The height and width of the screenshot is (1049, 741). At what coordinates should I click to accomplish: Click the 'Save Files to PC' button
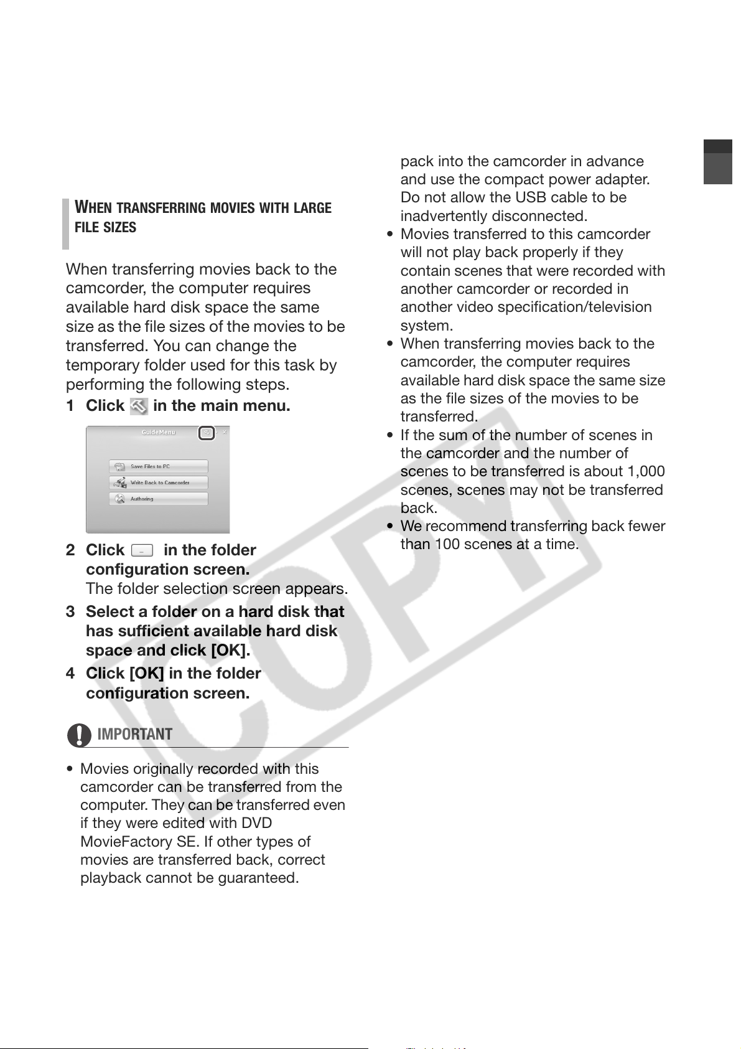point(158,466)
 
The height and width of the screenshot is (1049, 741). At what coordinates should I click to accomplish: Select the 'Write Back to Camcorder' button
point(158,482)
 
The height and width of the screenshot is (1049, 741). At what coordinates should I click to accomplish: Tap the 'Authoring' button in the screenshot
point(158,499)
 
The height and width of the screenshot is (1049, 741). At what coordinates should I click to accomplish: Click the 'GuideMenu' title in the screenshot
point(158,432)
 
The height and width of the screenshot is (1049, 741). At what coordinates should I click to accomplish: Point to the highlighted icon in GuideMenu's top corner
point(207,433)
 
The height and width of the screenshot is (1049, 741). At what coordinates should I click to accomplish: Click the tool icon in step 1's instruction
point(139,407)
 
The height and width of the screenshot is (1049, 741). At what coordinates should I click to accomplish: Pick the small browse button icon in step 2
point(142,550)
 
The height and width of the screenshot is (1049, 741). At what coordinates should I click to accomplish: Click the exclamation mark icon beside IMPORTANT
point(79,735)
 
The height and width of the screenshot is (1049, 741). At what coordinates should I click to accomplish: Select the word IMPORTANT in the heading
point(135,735)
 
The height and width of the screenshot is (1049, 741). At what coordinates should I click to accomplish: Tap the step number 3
point(70,612)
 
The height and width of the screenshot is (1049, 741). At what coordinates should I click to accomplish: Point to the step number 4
point(70,674)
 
